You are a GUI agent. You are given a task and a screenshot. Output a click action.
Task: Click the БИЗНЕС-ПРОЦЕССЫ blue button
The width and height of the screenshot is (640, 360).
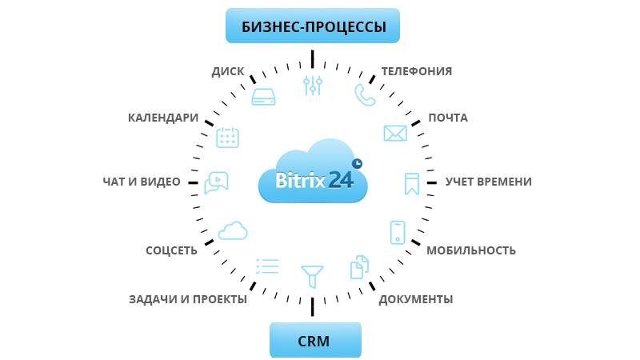coord(313,26)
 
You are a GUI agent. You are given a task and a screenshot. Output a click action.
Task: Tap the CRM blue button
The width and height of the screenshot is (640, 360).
coord(314,340)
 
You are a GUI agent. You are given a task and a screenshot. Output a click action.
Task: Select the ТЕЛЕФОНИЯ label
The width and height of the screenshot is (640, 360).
coord(416,71)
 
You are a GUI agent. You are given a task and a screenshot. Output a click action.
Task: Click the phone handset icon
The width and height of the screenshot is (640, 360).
coord(365,95)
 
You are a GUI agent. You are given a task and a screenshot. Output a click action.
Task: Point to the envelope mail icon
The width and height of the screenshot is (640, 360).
coord(395,133)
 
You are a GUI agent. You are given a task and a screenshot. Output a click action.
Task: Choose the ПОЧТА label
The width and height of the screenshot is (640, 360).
coord(448,118)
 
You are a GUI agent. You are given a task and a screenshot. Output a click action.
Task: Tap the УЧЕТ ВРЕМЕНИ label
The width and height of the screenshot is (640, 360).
coord(488,182)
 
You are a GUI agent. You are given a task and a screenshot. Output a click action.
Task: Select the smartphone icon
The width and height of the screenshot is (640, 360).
coord(398,232)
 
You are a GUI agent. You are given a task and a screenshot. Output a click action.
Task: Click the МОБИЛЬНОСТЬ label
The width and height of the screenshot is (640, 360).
coord(470,250)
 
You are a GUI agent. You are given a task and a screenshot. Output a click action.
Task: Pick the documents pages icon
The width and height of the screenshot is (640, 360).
coord(360,267)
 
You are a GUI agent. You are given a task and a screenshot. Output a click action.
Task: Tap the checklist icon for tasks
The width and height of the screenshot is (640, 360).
coord(266,266)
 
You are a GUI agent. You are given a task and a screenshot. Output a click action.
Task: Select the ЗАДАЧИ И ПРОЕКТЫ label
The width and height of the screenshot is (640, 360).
coord(188,299)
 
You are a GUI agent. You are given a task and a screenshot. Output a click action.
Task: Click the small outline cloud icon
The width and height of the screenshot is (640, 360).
coord(232,230)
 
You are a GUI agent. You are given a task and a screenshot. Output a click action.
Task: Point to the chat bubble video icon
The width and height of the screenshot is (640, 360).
coord(217,183)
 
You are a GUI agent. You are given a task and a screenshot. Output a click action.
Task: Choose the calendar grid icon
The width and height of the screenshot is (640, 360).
coord(228,137)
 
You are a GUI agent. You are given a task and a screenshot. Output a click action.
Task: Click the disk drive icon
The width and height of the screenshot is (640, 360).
coord(264,97)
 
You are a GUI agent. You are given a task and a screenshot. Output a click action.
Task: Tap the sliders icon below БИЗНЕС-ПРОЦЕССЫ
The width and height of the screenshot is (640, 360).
coord(313,86)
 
